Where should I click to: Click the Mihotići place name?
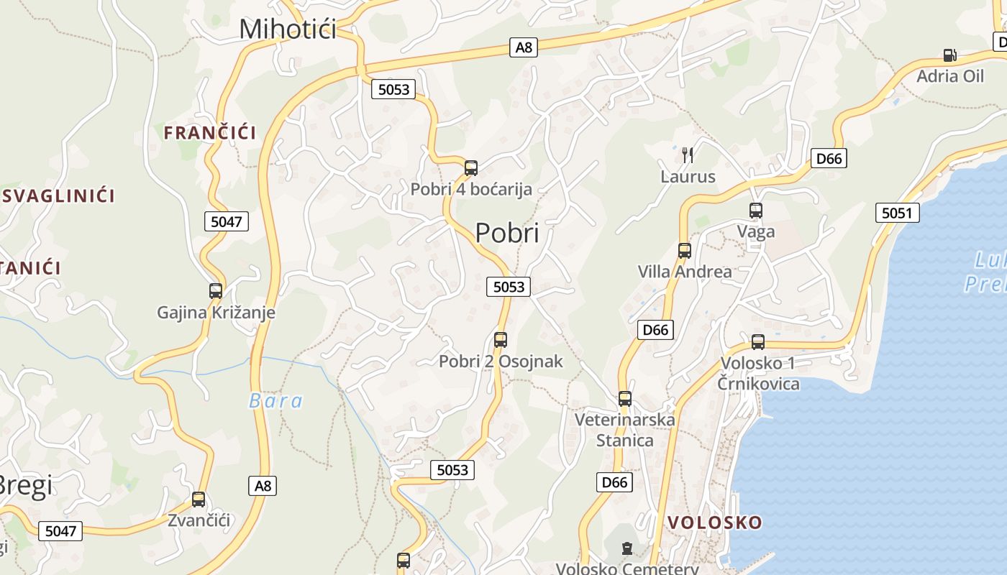click(x=288, y=29)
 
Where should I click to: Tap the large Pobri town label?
click(x=506, y=233)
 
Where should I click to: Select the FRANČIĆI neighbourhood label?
click(x=209, y=132)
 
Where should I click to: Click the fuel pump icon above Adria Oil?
click(x=949, y=55)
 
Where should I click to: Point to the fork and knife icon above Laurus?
click(x=688, y=155)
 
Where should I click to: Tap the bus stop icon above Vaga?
click(x=755, y=211)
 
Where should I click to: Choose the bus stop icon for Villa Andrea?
click(x=684, y=251)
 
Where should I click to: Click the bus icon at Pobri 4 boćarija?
click(x=471, y=168)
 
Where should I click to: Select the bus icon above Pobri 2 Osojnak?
click(x=501, y=339)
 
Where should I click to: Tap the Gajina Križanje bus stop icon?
click(x=216, y=291)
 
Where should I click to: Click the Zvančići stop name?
click(x=199, y=520)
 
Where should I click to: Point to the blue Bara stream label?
click(x=275, y=401)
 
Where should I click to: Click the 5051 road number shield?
click(x=897, y=213)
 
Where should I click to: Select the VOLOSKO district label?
click(x=714, y=523)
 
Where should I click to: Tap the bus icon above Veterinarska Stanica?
click(x=625, y=398)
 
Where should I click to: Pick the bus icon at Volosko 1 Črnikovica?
click(x=757, y=341)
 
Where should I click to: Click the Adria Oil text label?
click(x=949, y=75)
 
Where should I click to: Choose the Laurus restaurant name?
click(x=688, y=176)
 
